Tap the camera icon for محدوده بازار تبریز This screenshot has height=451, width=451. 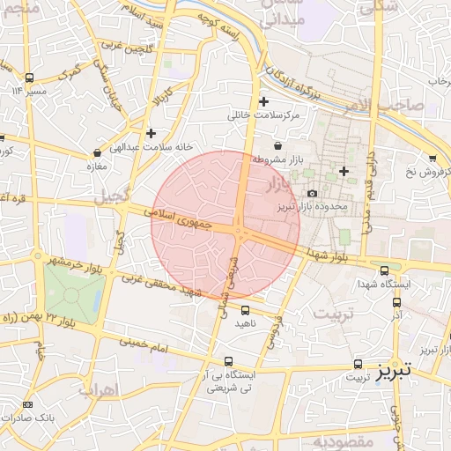coord(312,193)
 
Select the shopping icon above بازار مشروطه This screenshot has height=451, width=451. coord(278,145)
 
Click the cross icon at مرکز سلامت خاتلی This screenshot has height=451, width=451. coord(263,101)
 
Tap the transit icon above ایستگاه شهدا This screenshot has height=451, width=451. coord(384,270)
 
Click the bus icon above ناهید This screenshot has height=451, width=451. coord(246,310)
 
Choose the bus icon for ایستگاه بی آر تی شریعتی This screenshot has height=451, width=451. coord(229,361)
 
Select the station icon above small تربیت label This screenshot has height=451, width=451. coord(358,363)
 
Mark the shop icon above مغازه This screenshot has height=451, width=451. coord(93,151)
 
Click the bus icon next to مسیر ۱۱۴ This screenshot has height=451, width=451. coord(30,78)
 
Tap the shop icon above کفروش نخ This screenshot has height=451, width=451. coord(432,158)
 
